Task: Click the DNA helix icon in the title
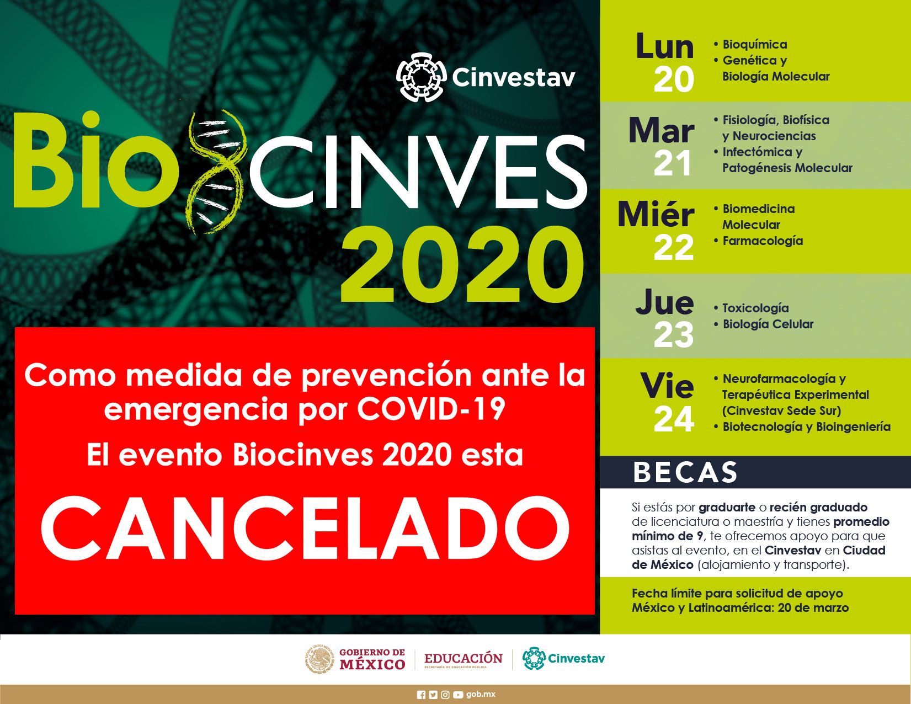coord(216,172)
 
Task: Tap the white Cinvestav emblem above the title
coord(422,77)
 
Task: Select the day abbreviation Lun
coord(665,46)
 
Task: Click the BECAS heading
coord(685,473)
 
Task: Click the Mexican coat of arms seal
coord(319,659)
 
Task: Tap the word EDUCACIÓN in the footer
coord(464,658)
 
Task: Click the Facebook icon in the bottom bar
coord(422,695)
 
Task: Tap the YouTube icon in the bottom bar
coord(458,695)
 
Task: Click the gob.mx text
coord(481,694)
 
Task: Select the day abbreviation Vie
coord(667,386)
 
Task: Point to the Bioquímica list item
coord(755,45)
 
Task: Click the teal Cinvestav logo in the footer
coord(563,658)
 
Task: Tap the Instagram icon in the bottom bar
coord(445,695)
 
